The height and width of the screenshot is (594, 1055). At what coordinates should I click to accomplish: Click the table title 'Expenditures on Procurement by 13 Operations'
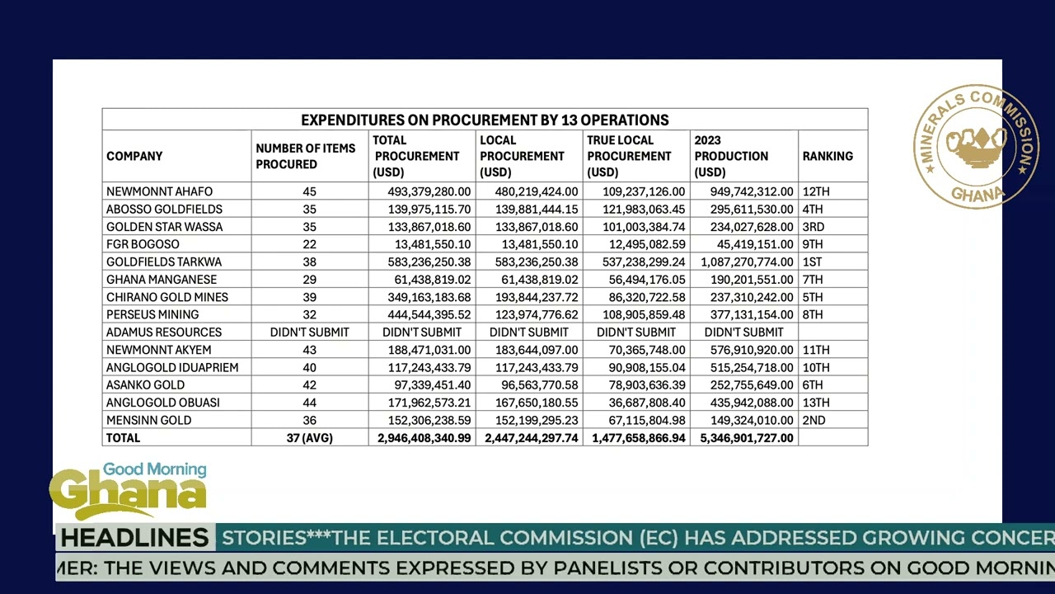point(485,120)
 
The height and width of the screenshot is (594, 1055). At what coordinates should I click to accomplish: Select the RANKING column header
point(828,156)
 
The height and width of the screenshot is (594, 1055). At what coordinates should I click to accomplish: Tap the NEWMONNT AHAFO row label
point(159,191)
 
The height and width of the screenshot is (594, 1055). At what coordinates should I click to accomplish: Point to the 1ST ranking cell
point(812,262)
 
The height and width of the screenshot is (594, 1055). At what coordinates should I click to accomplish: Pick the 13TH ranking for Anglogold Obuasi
point(815,403)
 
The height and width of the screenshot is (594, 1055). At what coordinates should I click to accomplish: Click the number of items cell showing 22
point(309,244)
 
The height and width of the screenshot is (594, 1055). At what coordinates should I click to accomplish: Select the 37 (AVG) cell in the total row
point(309,438)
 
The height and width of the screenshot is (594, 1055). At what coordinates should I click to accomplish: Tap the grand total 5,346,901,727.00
point(747,438)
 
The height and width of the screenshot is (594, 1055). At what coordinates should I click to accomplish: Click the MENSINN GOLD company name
point(148,420)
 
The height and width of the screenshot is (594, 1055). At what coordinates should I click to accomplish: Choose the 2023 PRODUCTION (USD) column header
point(731,156)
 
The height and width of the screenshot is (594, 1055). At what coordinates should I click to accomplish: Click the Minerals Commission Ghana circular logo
point(976,146)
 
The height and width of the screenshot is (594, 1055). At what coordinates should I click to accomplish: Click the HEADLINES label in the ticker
point(134,538)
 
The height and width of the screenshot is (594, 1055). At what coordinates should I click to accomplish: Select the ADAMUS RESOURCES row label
point(164,332)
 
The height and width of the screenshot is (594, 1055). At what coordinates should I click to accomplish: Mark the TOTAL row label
point(124,438)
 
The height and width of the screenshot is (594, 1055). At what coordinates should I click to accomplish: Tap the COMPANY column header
point(134,156)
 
